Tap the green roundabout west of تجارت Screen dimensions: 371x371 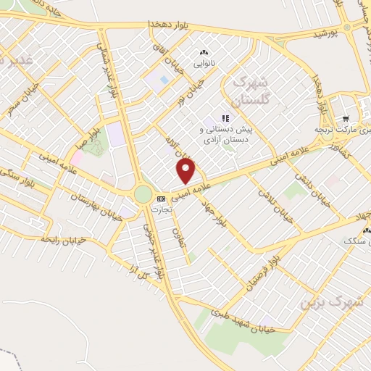coord(142,194)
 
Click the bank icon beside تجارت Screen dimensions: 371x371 coord(159,197)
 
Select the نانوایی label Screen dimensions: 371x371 coord(204,63)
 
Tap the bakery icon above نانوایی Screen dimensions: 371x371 coord(204,52)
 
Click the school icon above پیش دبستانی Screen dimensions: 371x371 coord(225,117)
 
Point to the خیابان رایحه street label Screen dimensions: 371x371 coord(64,239)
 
